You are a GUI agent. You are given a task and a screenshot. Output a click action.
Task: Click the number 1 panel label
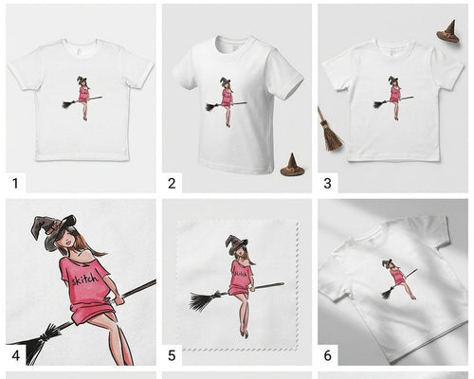[15, 184]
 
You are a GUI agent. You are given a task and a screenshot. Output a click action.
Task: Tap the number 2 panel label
[172, 184]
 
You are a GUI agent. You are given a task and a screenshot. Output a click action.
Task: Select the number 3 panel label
[327, 184]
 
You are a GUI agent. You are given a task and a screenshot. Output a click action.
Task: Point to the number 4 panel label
[15, 355]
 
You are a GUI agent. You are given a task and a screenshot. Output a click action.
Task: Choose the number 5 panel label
[172, 355]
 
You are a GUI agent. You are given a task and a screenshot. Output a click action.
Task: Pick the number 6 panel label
[327, 355]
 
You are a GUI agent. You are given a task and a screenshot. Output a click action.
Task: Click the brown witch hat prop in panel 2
[292, 165]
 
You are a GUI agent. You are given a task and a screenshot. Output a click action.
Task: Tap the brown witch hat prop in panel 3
[448, 31]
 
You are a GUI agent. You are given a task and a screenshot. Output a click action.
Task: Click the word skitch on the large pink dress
[84, 279]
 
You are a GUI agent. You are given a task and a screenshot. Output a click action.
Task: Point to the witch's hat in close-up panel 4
[52, 230]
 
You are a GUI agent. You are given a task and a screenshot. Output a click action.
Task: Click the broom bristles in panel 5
[203, 301]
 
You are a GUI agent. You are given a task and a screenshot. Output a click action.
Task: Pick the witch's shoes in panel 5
[244, 334]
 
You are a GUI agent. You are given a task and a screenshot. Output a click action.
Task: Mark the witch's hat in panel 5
[236, 244]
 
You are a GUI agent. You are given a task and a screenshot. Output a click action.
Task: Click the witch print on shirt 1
[82, 98]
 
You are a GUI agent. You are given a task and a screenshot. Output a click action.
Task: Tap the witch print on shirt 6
[399, 279]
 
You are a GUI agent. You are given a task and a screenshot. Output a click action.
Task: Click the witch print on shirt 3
[393, 98]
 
